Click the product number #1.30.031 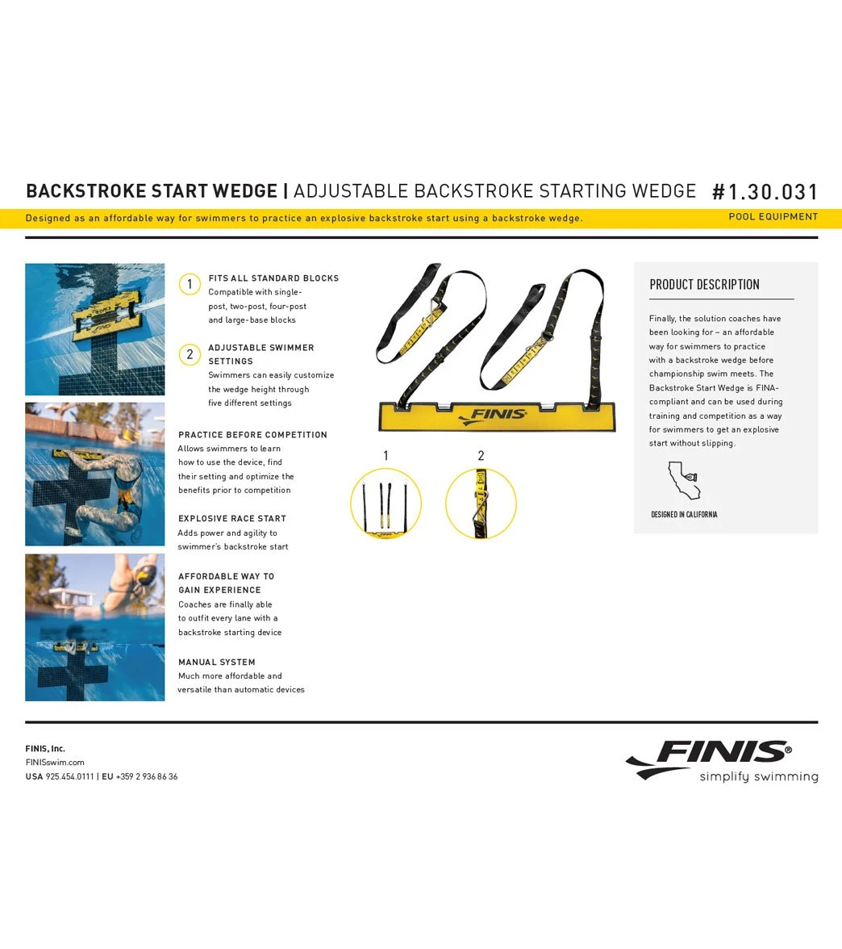point(765,192)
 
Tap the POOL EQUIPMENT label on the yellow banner point(773,217)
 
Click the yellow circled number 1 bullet point(190,284)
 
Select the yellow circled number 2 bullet point(190,354)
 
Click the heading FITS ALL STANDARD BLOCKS point(273,278)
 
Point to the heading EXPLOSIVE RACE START point(232,519)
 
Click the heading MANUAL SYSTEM point(217,663)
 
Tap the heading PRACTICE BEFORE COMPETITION point(252,435)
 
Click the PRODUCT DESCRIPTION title point(704,285)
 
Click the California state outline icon point(683,482)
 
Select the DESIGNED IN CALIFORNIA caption point(684,515)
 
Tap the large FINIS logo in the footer point(710,755)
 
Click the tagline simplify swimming point(758,777)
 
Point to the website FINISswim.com point(55,763)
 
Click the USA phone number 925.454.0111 point(70,777)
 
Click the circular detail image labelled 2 point(481,504)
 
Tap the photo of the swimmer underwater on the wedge point(95,474)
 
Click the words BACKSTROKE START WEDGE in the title point(152,191)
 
